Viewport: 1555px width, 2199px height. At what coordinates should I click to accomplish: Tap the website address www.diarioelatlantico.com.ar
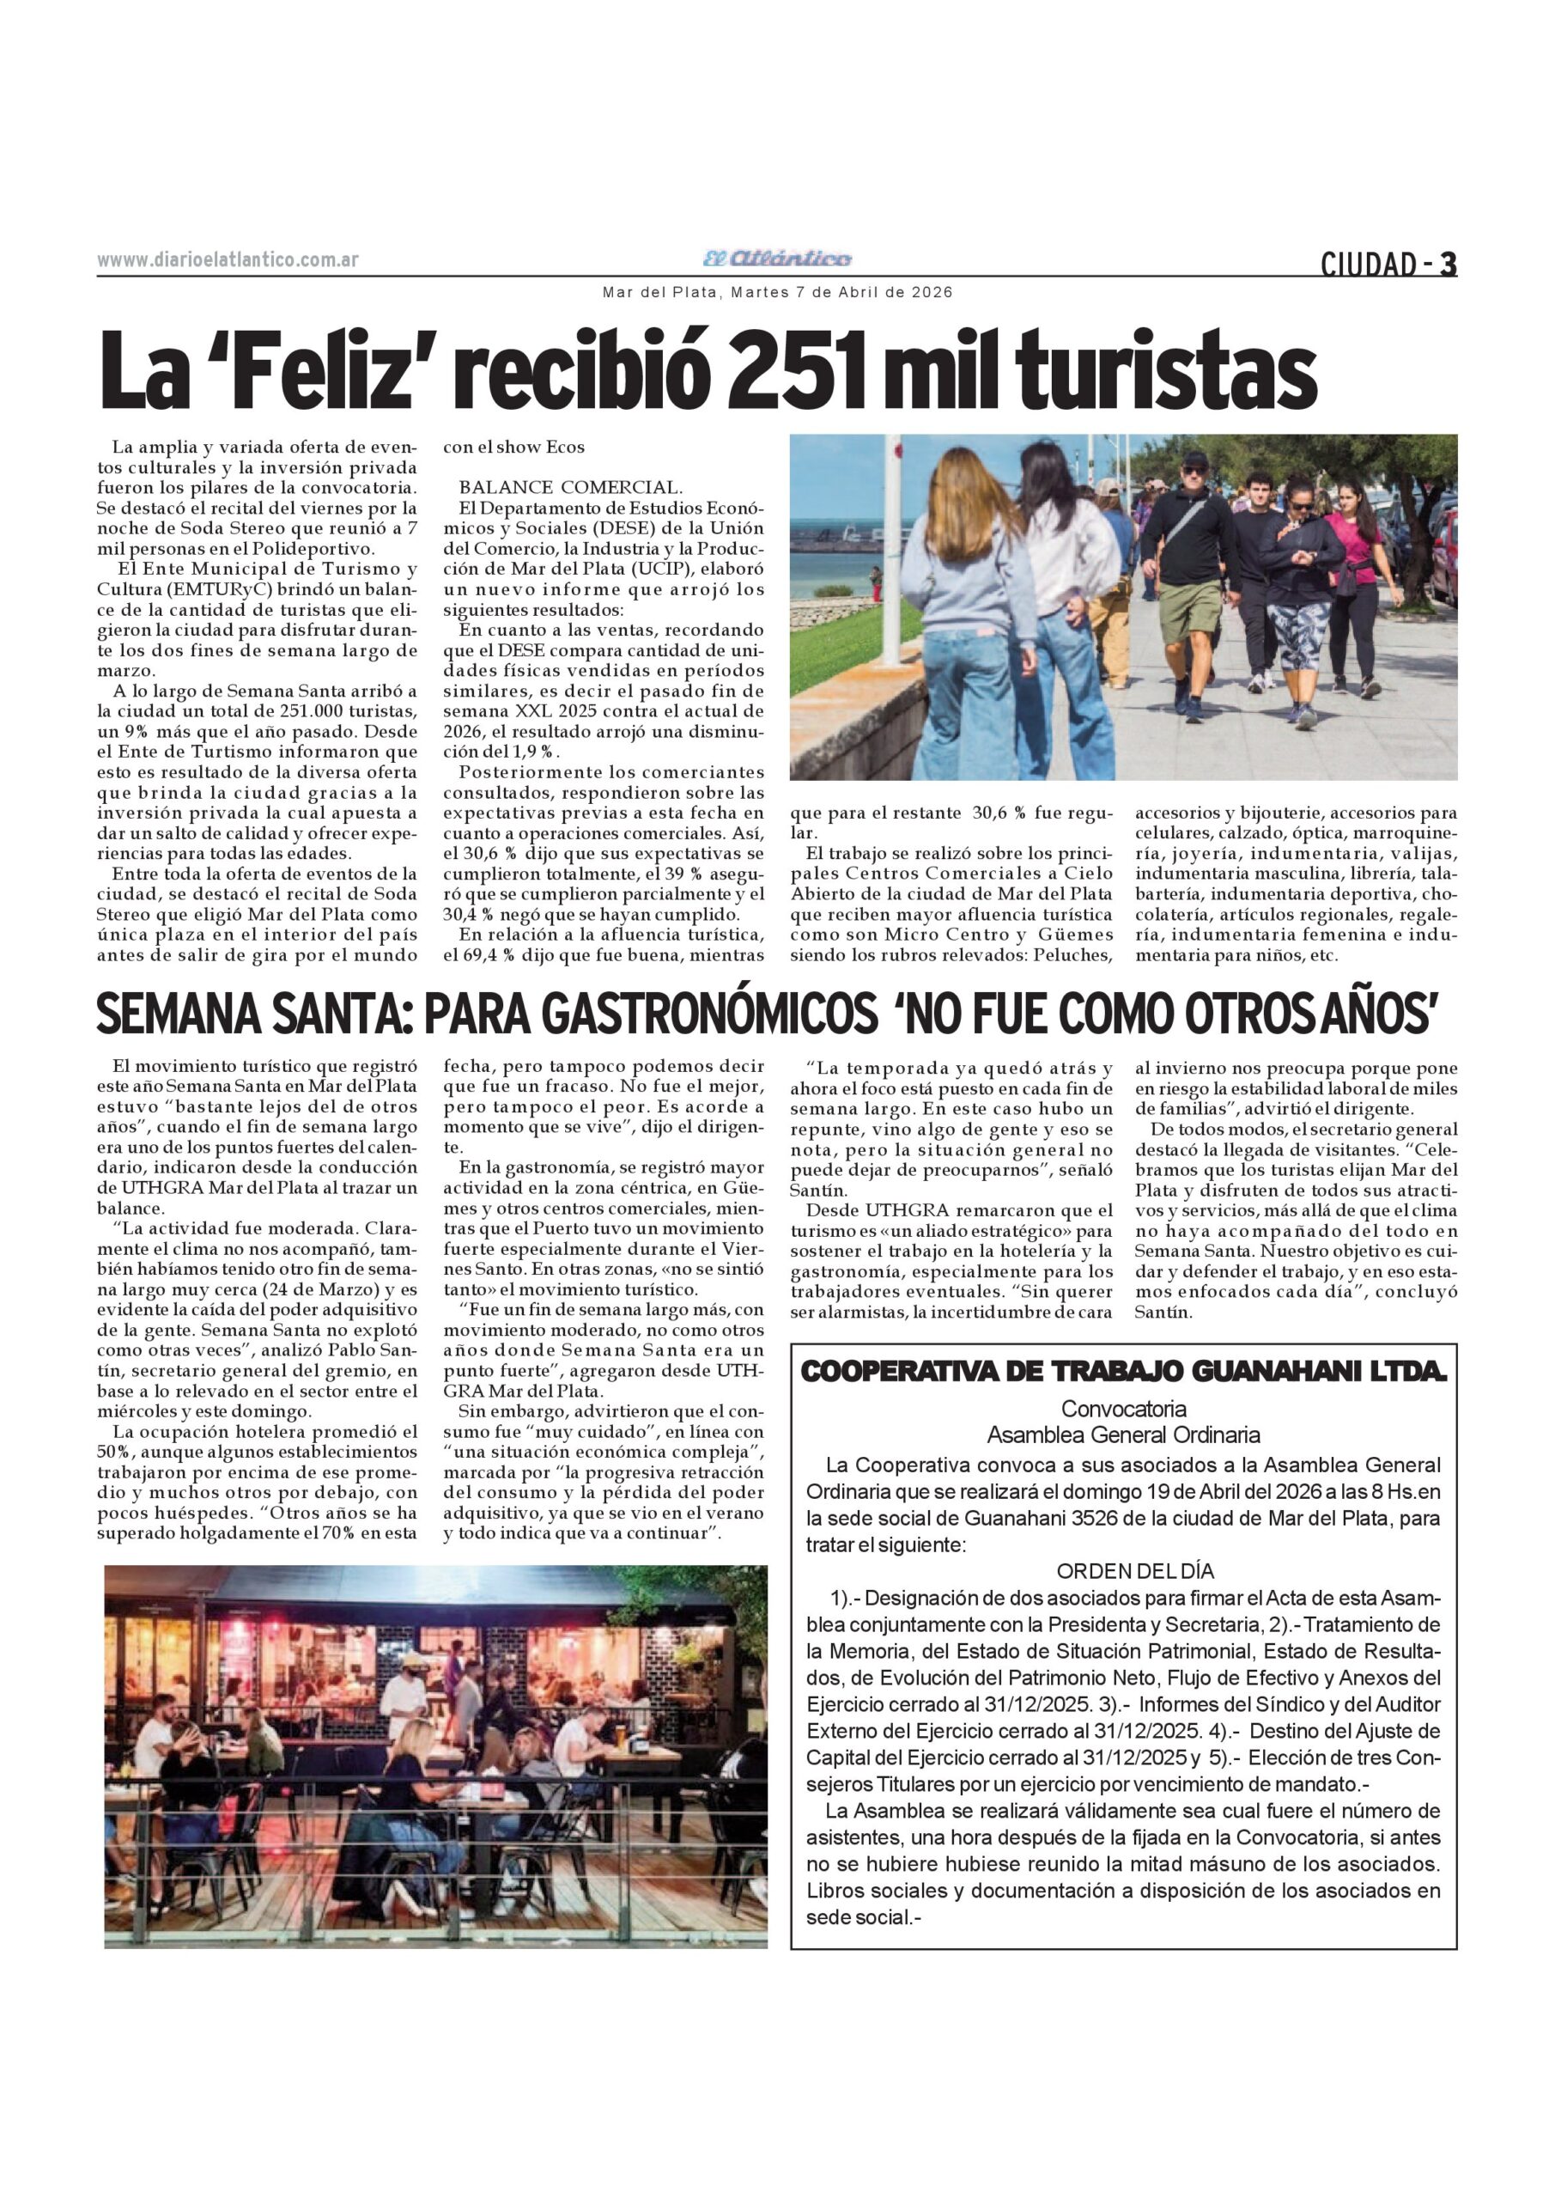(x=228, y=260)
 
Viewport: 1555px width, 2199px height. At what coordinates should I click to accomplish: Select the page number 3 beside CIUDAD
(x=1448, y=264)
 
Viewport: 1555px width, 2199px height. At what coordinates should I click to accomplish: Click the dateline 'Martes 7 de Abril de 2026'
(x=841, y=292)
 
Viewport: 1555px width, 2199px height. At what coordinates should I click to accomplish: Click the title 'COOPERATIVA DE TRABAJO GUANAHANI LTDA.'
(x=1122, y=1373)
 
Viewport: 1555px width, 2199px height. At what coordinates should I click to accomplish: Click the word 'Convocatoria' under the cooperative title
(x=1123, y=1409)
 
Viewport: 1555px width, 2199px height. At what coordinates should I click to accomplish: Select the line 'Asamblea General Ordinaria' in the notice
(x=1123, y=1435)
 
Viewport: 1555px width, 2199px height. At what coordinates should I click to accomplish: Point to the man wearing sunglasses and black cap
(x=1191, y=546)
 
